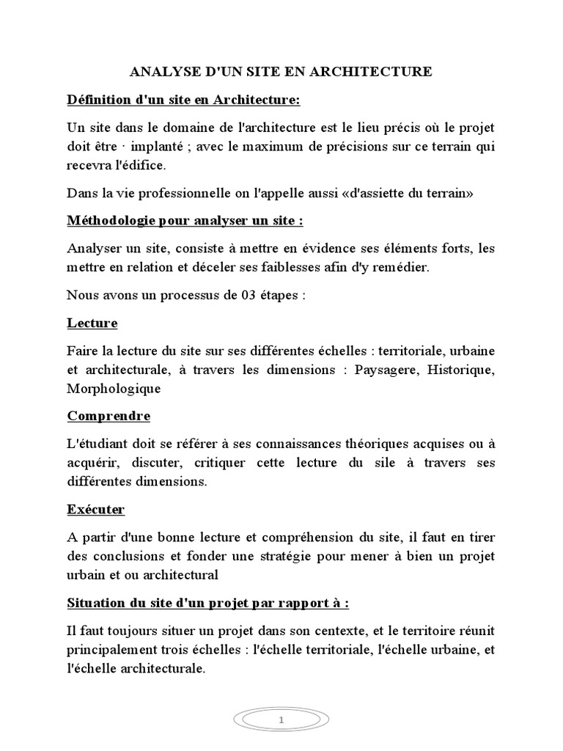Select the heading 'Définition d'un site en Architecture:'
click(184, 100)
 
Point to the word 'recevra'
click(89, 166)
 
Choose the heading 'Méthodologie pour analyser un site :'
click(185, 221)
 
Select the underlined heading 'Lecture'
click(92, 323)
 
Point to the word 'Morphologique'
click(114, 388)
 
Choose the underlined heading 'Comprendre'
click(108, 416)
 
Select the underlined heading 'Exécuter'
click(96, 509)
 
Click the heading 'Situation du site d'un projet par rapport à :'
click(208, 603)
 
